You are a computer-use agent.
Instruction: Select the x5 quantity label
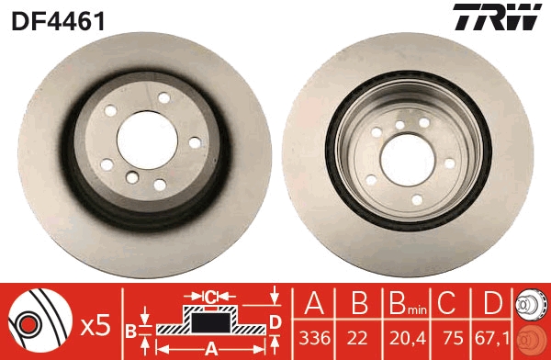(x=95, y=323)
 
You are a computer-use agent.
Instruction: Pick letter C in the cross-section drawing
(x=210, y=297)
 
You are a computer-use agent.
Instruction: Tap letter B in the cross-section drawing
(x=131, y=329)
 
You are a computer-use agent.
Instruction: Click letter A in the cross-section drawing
(x=210, y=348)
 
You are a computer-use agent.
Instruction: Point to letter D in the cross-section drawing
(x=275, y=321)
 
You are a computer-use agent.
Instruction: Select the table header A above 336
(x=314, y=305)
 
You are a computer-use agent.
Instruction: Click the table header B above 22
(x=359, y=305)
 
